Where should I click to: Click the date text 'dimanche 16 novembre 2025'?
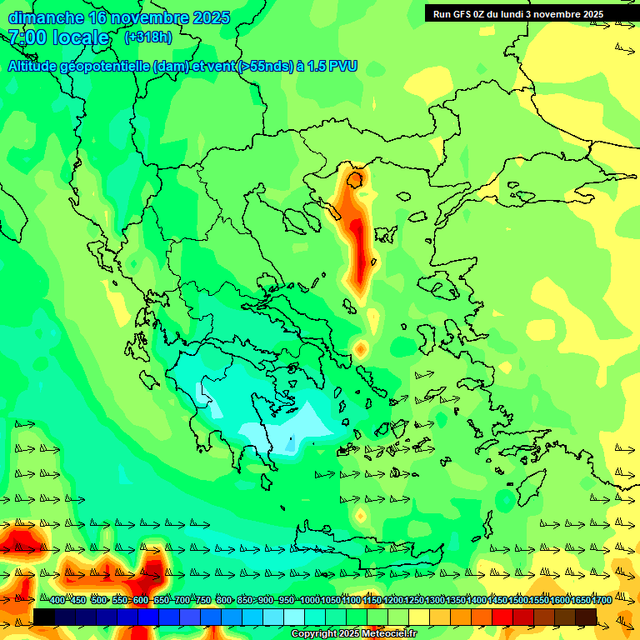pos(118,17)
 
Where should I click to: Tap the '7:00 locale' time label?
pos(58,37)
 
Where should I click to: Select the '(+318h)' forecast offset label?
pos(148,37)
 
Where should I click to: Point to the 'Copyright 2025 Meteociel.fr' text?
pos(353,634)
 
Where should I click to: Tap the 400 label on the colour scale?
pos(57,601)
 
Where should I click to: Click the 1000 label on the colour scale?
pos(310,601)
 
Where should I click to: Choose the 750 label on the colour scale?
pos(202,601)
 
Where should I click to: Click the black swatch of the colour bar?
pos(44,617)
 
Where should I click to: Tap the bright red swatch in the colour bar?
pos(502,617)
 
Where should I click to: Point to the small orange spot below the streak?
pos(360,348)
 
